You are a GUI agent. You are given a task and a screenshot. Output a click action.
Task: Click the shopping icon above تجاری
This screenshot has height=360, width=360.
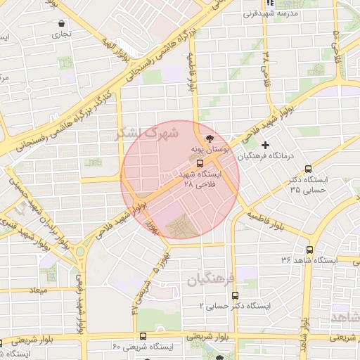pos(61,22)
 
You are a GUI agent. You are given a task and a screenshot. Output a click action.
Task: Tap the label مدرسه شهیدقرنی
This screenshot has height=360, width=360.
pos(271,13)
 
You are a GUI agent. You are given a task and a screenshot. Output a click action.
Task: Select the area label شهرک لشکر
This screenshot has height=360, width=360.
pos(149,132)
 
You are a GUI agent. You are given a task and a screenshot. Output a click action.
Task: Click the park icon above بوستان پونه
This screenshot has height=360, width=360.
pos(208,139)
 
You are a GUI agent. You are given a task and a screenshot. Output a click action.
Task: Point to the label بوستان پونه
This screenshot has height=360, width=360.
pos(209,150)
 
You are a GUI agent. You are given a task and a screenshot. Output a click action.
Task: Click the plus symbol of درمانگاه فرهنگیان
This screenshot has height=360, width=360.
pos(265,144)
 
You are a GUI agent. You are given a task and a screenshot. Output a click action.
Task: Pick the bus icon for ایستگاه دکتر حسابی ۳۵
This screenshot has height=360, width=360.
pos(309,169)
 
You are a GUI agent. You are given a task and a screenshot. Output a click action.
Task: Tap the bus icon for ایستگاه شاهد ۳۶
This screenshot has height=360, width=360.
pos(309,250)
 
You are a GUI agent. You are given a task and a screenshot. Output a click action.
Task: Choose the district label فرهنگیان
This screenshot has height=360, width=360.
pos(210,280)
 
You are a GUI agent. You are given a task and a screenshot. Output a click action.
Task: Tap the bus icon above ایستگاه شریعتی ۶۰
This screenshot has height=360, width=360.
pos(143,336)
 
